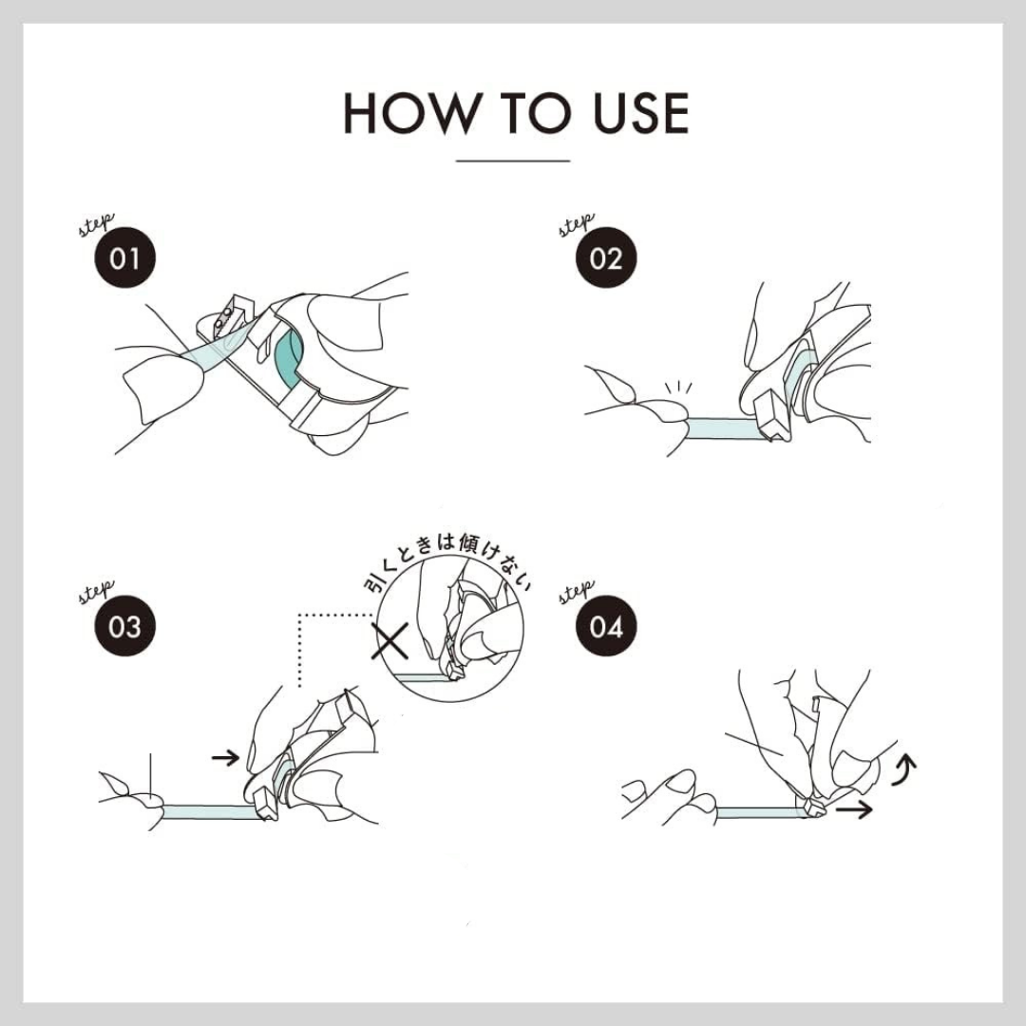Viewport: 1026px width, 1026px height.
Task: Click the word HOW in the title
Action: pyautogui.click(x=413, y=113)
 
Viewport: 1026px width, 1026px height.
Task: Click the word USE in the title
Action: pyautogui.click(x=640, y=113)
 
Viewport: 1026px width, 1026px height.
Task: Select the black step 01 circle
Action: pyautogui.click(x=125, y=257)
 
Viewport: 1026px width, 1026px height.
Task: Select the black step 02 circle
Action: pyautogui.click(x=606, y=257)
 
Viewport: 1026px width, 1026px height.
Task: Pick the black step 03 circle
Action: pyautogui.click(x=125, y=625)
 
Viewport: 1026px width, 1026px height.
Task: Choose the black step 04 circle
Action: pyautogui.click(x=606, y=625)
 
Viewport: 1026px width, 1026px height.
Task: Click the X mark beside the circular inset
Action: pyautogui.click(x=390, y=640)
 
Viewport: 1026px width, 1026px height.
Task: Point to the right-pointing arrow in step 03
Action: pyautogui.click(x=226, y=758)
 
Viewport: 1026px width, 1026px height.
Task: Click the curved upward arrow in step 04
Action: pyautogui.click(x=906, y=769)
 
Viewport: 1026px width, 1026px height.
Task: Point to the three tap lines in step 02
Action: pyautogui.click(x=678, y=388)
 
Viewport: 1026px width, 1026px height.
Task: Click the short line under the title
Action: pyautogui.click(x=513, y=161)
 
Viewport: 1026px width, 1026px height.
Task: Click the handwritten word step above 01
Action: pyautogui.click(x=96, y=224)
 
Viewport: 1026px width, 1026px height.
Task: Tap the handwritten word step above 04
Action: pyautogui.click(x=578, y=592)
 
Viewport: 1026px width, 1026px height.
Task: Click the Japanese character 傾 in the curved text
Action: pyautogui.click(x=470, y=541)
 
